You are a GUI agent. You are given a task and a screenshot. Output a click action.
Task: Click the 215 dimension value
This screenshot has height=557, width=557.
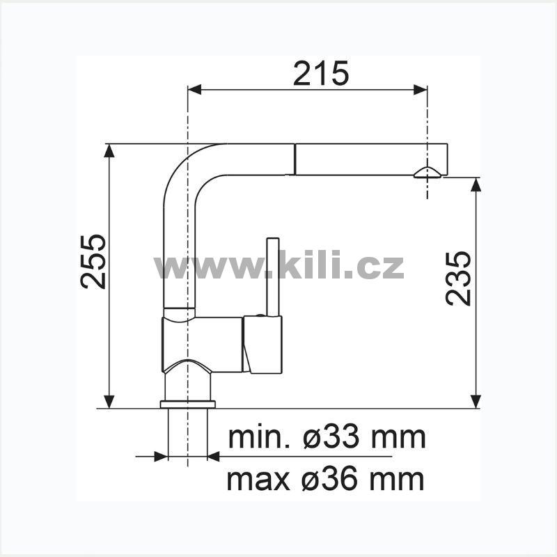pos(321,74)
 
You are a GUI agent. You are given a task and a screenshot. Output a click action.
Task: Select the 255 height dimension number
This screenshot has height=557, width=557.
pos(93,262)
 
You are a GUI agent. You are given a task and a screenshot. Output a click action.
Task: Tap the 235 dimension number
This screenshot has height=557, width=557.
pos(458,278)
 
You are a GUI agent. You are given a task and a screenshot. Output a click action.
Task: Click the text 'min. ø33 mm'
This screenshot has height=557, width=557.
pos(327,438)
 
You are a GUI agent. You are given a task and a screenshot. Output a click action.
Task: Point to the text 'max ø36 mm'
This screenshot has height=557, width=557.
pos(325,480)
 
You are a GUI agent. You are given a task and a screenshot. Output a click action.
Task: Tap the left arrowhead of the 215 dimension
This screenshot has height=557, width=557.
pos(194,90)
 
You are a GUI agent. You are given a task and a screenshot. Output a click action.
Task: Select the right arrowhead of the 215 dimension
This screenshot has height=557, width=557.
pos(421,90)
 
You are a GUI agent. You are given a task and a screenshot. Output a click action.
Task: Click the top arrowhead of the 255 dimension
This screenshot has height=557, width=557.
pos(109,150)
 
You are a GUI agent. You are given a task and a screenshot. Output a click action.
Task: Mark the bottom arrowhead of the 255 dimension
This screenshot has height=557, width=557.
pos(109,402)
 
